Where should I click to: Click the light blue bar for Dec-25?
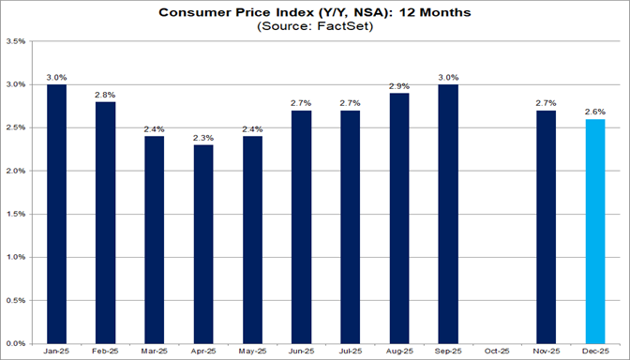(594, 231)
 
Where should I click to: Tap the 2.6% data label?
(594, 111)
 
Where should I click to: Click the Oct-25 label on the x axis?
(498, 352)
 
